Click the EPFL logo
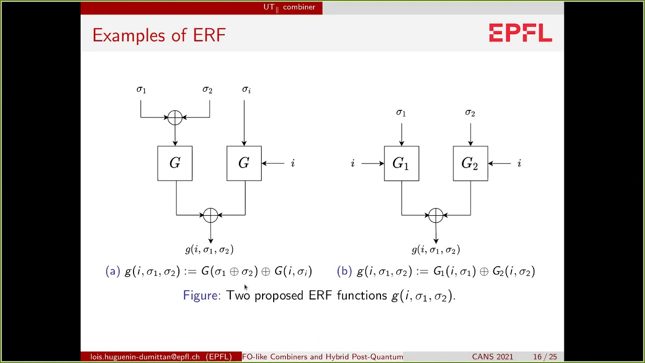(x=521, y=33)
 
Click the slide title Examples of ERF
(x=159, y=35)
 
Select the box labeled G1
(x=401, y=163)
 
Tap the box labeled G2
(x=470, y=163)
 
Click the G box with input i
(x=244, y=163)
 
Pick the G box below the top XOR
(x=175, y=163)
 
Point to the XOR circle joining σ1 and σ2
(x=175, y=117)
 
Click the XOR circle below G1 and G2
(x=436, y=215)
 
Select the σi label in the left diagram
(x=246, y=90)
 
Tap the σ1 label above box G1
(x=401, y=113)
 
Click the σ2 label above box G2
(x=470, y=113)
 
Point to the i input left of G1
(x=353, y=163)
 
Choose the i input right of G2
(x=519, y=163)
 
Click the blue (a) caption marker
(x=112, y=271)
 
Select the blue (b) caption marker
(x=344, y=271)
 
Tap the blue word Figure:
(x=202, y=295)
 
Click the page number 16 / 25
(x=545, y=357)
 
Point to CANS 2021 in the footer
(x=492, y=357)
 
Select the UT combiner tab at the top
(x=289, y=7)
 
